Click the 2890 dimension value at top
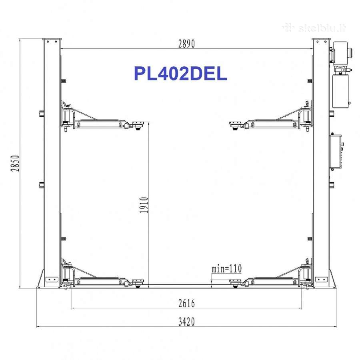(186, 44)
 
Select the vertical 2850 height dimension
(15, 163)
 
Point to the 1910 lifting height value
(144, 205)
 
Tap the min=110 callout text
(227, 268)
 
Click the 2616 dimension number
(186, 303)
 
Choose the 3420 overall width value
(186, 322)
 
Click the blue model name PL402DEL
(180, 74)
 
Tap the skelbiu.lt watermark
(314, 28)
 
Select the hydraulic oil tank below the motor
(340, 91)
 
